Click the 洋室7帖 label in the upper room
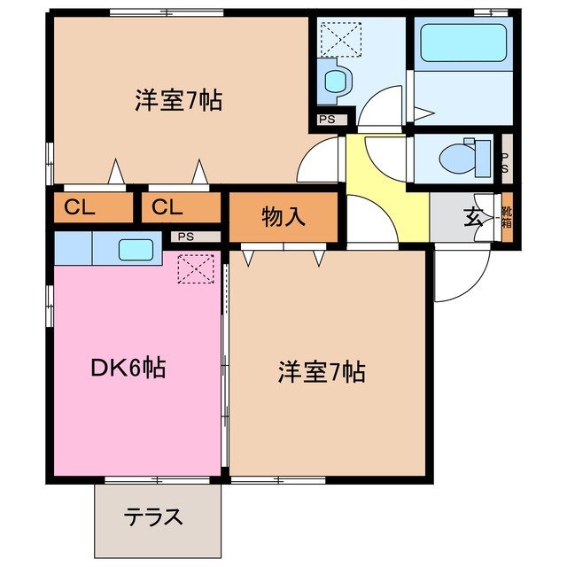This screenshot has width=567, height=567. click(x=178, y=99)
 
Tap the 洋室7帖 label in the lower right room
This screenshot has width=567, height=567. click(x=320, y=372)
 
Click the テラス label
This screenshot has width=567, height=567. click(x=154, y=517)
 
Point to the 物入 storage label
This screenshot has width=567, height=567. click(x=283, y=215)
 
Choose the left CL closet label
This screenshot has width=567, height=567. click(x=80, y=208)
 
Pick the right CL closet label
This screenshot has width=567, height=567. click(x=167, y=208)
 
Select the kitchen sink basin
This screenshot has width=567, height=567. click(x=136, y=250)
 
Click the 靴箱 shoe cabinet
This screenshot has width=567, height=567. click(x=508, y=217)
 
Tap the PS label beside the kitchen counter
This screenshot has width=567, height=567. click(x=184, y=237)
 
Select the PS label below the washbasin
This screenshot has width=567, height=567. click(x=328, y=118)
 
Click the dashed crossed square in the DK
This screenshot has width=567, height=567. click(x=197, y=268)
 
